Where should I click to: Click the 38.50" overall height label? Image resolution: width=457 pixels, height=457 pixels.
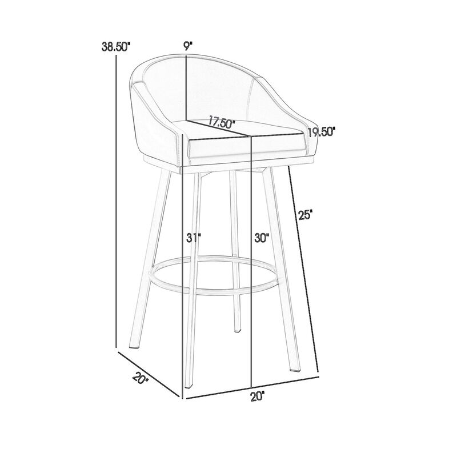pyautogui.click(x=117, y=48)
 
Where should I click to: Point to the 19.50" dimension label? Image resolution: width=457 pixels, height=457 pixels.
pyautogui.click(x=320, y=133)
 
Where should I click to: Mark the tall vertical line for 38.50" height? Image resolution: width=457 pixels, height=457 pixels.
pyautogui.click(x=117, y=200)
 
